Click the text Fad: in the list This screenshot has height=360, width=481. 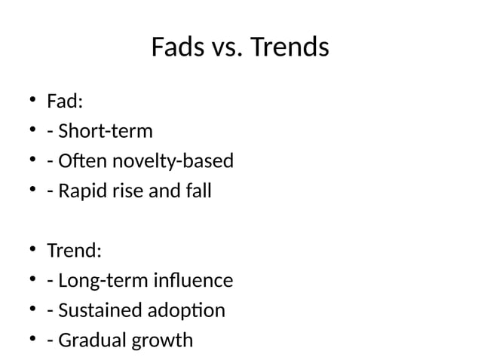point(65,101)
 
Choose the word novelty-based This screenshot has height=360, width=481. point(173,161)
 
